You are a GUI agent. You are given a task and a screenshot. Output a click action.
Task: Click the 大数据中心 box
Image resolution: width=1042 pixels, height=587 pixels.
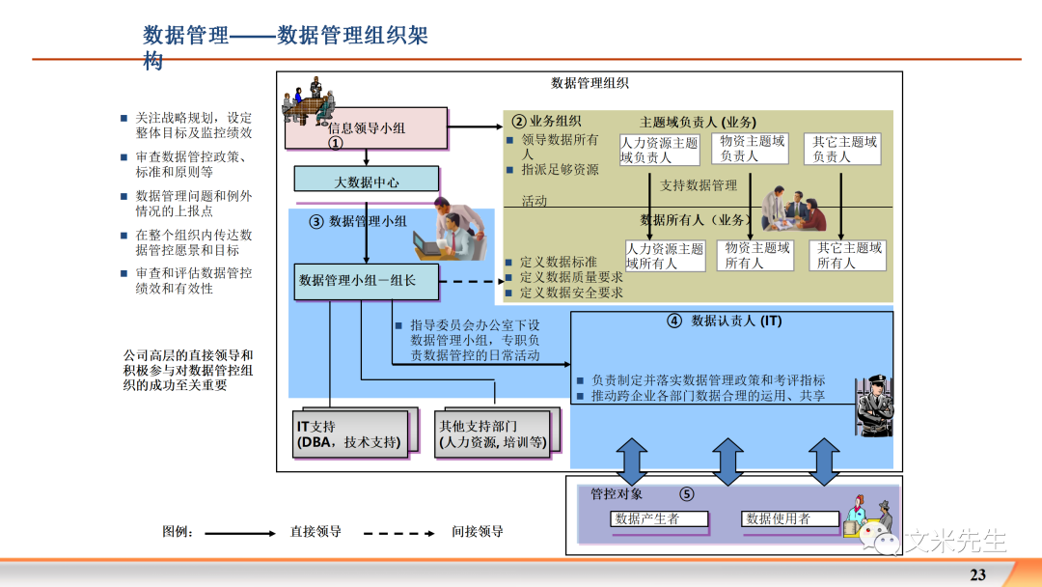click(366, 181)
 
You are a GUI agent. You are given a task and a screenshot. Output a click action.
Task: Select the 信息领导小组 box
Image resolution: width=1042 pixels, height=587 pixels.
click(366, 128)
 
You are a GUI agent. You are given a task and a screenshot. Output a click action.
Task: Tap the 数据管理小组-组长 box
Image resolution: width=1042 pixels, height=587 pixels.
click(366, 281)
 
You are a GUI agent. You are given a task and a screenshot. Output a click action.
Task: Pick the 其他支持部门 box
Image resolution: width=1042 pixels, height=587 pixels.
click(492, 433)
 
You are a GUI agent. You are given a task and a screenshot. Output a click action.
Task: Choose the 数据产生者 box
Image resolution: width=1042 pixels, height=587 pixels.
click(660, 519)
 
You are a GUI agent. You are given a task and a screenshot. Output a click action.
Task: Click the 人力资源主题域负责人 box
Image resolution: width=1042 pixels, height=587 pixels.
click(659, 150)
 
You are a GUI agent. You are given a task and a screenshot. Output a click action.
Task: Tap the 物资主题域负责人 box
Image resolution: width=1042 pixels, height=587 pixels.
click(753, 149)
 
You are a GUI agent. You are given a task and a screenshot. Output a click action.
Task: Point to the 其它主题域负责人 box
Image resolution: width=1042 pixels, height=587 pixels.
click(844, 149)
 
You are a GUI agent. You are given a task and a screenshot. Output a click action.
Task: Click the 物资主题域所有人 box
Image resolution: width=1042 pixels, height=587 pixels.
click(757, 255)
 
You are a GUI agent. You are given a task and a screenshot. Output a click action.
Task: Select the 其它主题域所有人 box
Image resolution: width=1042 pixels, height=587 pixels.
click(849, 255)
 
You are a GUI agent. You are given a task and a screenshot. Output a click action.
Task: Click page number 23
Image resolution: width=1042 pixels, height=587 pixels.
click(977, 574)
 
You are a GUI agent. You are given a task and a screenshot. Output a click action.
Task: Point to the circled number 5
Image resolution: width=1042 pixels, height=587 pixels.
click(686, 494)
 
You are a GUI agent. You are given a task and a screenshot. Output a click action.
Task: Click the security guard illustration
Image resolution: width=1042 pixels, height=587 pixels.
click(872, 405)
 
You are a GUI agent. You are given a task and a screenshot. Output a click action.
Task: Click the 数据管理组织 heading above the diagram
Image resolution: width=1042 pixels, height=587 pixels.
click(590, 84)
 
